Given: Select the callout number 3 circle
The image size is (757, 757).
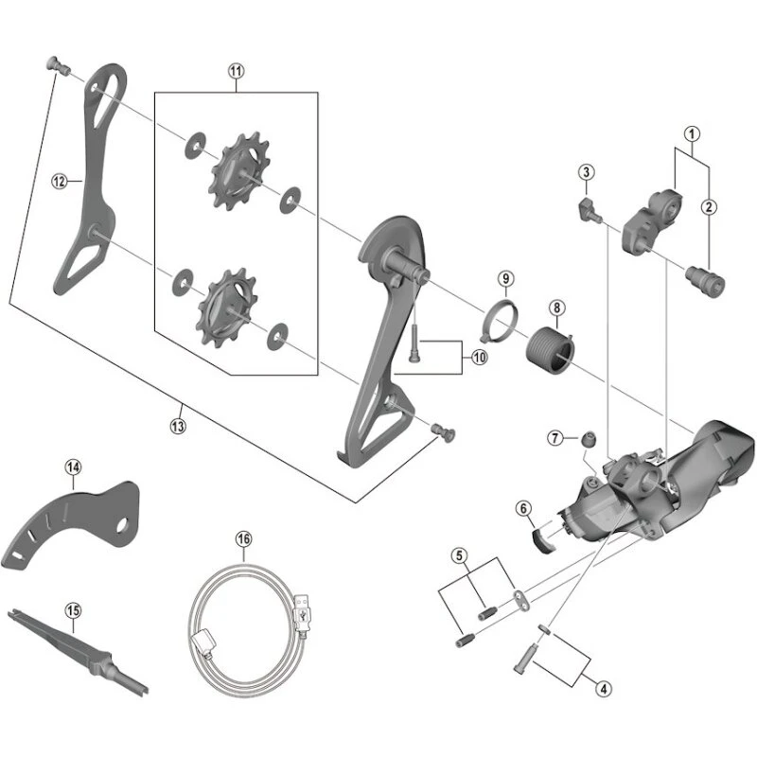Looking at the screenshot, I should click(x=587, y=171).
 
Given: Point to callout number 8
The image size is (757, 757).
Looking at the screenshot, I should click(x=556, y=308).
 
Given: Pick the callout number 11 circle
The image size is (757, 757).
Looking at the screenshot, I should click(x=236, y=71).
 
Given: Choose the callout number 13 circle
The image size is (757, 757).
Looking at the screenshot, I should click(x=178, y=426).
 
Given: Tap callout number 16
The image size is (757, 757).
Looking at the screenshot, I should click(x=244, y=538).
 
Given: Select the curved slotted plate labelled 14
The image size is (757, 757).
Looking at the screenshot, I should click(x=71, y=519).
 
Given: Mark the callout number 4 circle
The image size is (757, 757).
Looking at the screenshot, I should click(x=603, y=688).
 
